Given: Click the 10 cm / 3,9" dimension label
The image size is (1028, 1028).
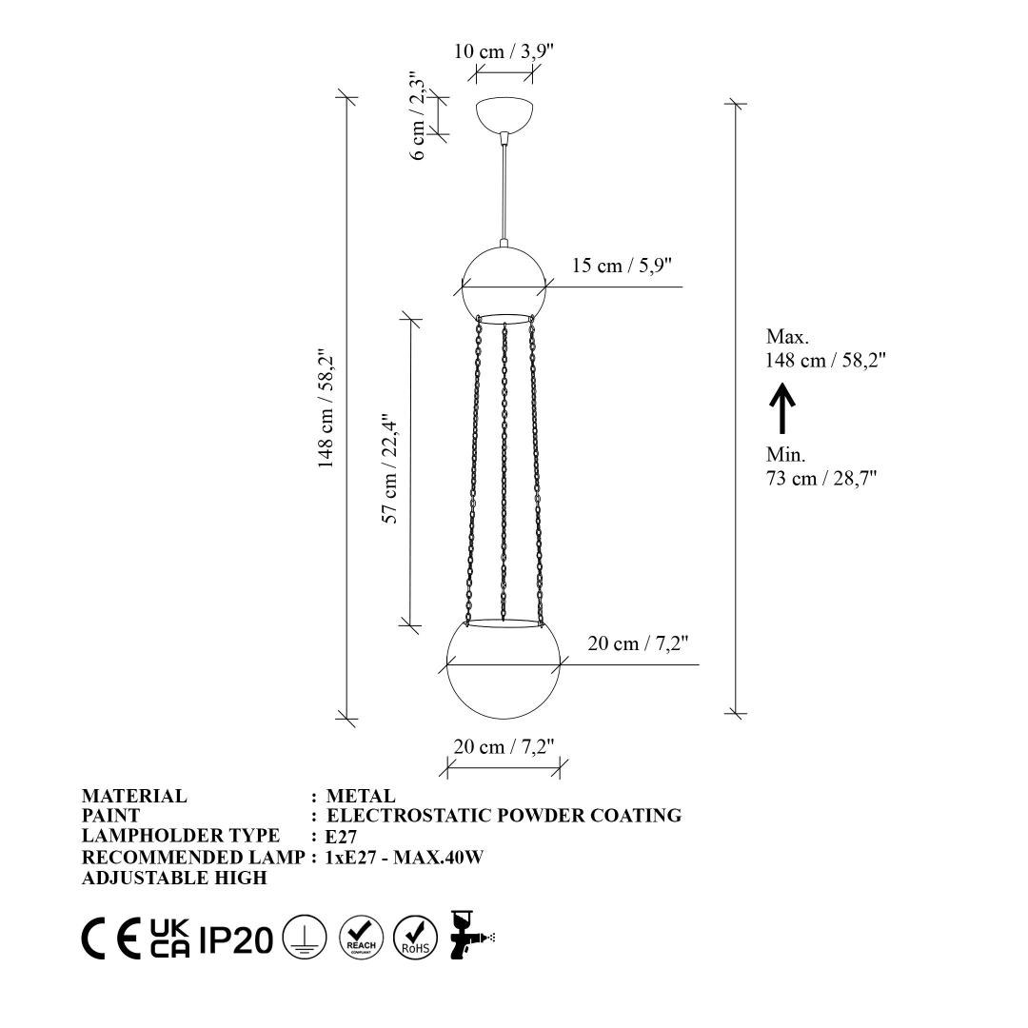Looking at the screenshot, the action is pos(504,51).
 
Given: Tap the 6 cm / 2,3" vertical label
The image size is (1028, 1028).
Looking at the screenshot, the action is pos(418,115).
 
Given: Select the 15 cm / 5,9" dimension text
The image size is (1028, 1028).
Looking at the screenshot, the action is pos(623,266).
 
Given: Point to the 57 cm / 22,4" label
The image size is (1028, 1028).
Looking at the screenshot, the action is pos(390,468).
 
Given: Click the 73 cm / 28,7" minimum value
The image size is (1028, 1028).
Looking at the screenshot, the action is pos(820,478).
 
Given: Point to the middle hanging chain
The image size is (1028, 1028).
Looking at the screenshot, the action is pos(504,472).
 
